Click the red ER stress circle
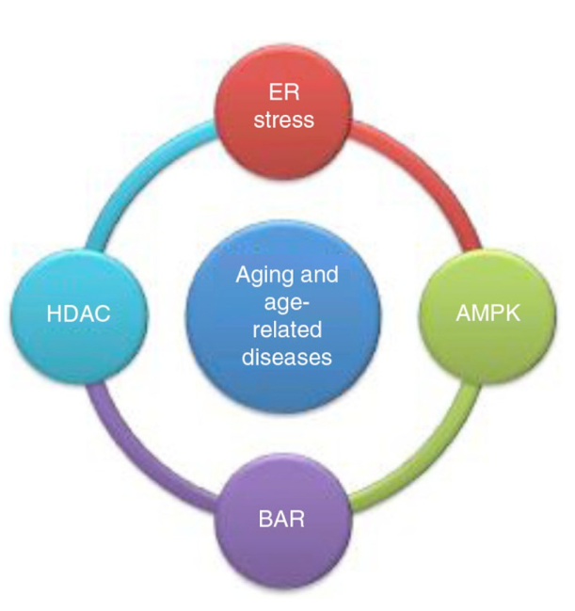pos(283,111)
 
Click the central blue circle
pos(283,316)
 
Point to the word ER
pos(284,93)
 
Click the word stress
pos(283,120)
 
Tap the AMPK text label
pos(487,313)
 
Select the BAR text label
pos(281,519)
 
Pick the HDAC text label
pos(79,314)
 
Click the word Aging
pos(264,276)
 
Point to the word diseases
pos(287,357)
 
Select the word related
pos(287,330)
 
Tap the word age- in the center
pos(287,303)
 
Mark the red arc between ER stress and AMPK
pos(429,171)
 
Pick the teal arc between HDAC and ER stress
pos(137,171)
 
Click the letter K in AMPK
pos(513,313)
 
